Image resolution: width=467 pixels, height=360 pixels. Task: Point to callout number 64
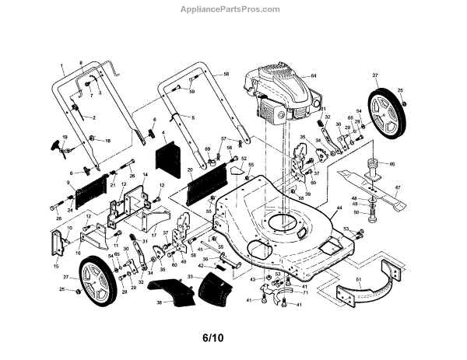(x=314, y=75)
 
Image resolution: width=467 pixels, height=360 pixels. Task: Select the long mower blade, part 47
(x=404, y=201)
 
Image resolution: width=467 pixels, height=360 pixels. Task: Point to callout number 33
(x=190, y=278)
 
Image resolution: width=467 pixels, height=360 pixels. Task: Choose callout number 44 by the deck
(x=339, y=208)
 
